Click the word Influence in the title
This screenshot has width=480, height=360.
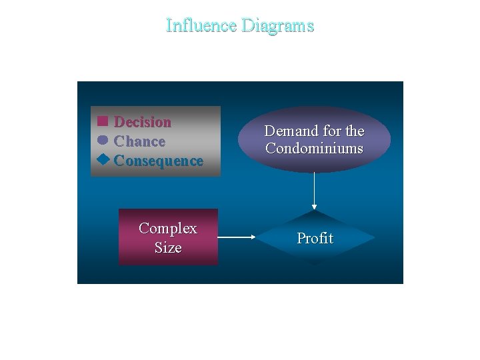point(201,25)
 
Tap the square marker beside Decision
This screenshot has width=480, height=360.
point(102,121)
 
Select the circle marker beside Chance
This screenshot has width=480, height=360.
point(102,141)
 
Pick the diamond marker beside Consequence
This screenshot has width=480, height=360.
point(102,160)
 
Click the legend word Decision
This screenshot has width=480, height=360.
point(143,122)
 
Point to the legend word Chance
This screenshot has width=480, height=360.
point(139,141)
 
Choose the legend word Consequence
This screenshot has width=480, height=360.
point(159,161)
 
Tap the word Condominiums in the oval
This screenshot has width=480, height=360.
point(314,148)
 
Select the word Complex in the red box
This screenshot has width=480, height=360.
point(168,229)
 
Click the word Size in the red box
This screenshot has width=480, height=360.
point(168,248)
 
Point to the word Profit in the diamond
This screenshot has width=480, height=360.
point(315,238)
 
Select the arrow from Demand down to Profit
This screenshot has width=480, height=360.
point(314,190)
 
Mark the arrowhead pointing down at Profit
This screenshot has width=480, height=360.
point(314,207)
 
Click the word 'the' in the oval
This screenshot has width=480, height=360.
point(354,131)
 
